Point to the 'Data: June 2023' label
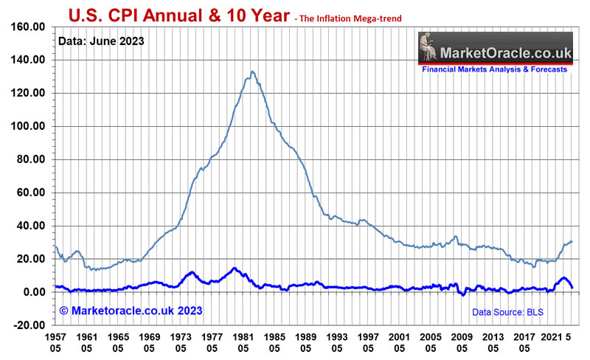(x=103, y=41)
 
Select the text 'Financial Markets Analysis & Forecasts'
(x=494, y=69)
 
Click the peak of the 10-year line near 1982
(x=253, y=72)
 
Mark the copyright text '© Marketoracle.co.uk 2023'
(x=131, y=311)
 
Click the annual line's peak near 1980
(x=234, y=268)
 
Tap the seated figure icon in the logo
(x=429, y=51)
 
